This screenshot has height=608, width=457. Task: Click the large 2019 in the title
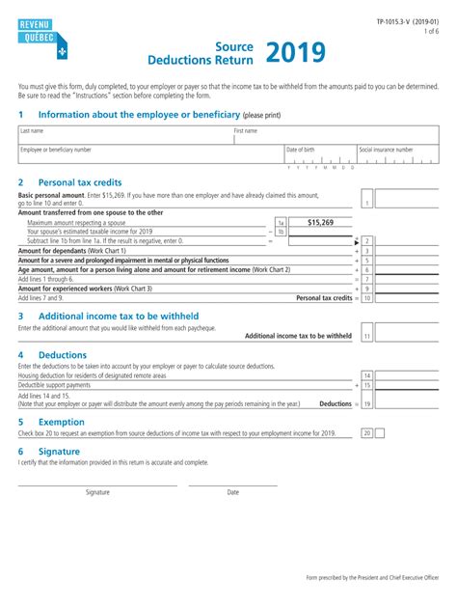tap(295, 53)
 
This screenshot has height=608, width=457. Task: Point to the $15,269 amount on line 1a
tap(320, 222)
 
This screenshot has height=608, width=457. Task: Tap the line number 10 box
tap(367, 298)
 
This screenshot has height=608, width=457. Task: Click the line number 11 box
tap(367, 335)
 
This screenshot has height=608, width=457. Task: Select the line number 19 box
tap(367, 403)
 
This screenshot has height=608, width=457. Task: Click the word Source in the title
tap(234, 45)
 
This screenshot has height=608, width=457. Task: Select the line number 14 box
tap(367, 374)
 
